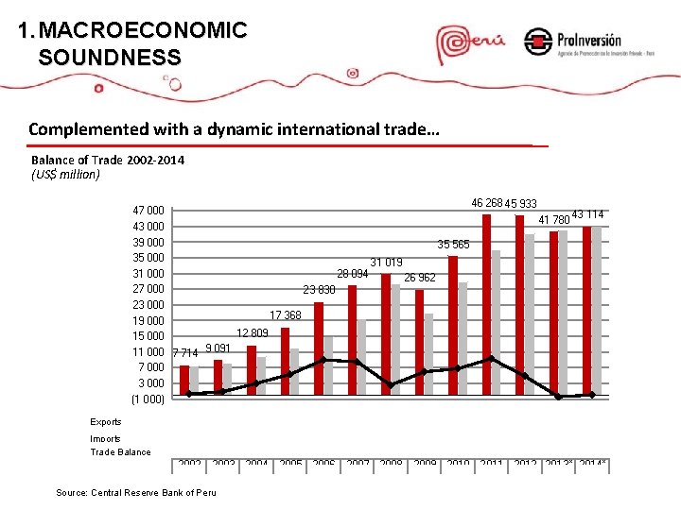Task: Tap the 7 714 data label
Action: [185, 353]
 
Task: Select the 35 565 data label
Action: [453, 245]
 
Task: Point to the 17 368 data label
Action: [286, 314]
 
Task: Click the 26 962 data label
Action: [420, 278]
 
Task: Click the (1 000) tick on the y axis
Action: [149, 399]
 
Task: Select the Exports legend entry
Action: [106, 422]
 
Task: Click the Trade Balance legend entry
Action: [120, 452]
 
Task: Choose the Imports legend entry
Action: [106, 438]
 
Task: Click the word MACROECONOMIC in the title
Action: [143, 31]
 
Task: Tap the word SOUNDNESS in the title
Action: [110, 58]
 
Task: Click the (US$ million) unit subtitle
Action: [65, 175]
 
